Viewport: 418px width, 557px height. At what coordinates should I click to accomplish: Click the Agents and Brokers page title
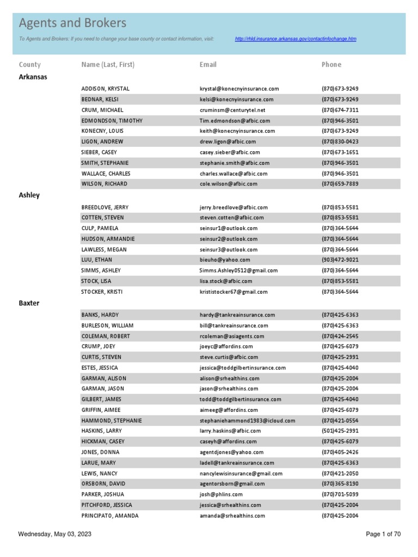coord(72,23)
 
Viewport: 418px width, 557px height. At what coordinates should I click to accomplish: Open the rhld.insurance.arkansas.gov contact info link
coord(296,39)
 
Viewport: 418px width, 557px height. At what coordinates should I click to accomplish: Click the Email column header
coord(208,65)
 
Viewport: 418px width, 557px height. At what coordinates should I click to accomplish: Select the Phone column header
coord(331,65)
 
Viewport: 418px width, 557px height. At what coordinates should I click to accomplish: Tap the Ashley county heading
coord(29,195)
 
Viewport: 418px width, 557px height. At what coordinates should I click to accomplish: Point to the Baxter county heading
coord(29,303)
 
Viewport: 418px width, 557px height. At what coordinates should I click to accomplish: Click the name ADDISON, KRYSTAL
coord(106,89)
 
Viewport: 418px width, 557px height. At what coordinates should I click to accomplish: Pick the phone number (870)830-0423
coord(340,141)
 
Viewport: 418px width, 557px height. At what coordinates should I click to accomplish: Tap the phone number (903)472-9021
coord(340,260)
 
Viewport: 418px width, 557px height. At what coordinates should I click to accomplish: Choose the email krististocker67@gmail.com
coord(233,292)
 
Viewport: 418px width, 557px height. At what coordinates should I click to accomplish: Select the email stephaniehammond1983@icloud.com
coord(247,420)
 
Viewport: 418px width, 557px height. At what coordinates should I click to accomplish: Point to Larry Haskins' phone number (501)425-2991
coord(340,431)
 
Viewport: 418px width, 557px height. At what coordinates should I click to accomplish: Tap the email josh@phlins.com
coord(221,494)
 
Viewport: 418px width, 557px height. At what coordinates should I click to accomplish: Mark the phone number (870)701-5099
coord(340,494)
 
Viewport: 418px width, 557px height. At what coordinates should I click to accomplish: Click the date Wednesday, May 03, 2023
coord(54,534)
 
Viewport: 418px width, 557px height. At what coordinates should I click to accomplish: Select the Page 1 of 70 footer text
coord(383,534)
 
